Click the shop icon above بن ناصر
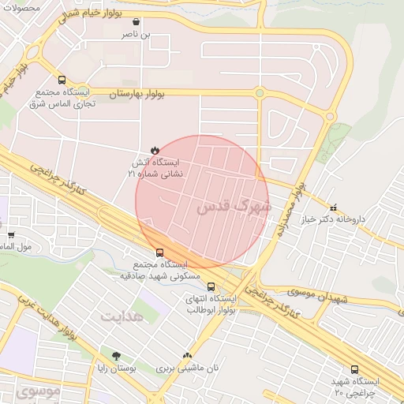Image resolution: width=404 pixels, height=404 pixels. click(x=139, y=22)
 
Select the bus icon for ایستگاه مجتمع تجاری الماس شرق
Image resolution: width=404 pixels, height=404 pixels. click(x=62, y=80)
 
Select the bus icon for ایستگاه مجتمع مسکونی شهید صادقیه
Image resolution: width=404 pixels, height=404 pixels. click(x=160, y=253)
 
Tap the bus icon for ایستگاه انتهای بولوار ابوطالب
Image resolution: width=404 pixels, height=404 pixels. click(x=211, y=286)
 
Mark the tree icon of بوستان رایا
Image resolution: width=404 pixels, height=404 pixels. click(x=117, y=356)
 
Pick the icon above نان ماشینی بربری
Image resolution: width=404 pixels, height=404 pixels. click(x=187, y=356)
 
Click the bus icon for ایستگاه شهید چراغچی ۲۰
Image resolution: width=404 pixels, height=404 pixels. click(x=354, y=369)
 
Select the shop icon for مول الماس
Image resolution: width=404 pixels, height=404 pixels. click(x=10, y=234)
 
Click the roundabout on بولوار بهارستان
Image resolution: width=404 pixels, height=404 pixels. click(x=259, y=93)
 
